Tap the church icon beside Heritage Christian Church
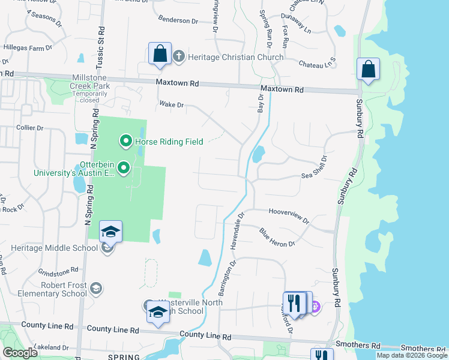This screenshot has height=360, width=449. click(x=178, y=57)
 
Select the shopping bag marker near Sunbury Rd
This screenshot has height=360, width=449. click(x=367, y=69)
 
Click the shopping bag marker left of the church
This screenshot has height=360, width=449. click(x=160, y=53)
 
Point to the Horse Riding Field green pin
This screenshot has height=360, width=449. click(x=126, y=142)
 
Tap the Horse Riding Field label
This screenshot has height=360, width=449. click(x=169, y=142)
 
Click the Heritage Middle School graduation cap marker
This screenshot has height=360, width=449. click(x=110, y=232)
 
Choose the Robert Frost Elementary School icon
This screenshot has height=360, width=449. click(x=96, y=289)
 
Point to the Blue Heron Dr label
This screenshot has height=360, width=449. click(x=277, y=237)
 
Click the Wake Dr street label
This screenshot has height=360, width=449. click(x=171, y=104)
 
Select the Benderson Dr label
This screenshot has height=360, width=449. click(x=178, y=20)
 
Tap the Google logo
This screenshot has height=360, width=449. click(x=20, y=353)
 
